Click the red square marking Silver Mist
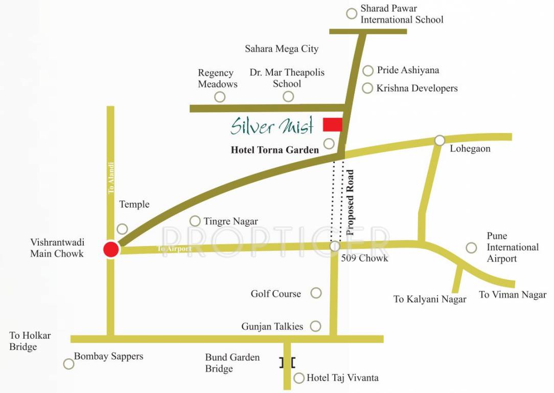(332, 124)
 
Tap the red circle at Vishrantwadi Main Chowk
(111, 249)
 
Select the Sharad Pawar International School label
(402, 14)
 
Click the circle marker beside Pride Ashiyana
(368, 71)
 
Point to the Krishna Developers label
(417, 88)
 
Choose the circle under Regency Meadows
(220, 96)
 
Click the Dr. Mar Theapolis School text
(287, 78)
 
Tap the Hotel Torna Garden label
(275, 150)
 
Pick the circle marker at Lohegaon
(440, 140)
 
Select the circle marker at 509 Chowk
(335, 247)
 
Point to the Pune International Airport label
(512, 247)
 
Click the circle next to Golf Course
(316, 293)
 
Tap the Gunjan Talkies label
(272, 326)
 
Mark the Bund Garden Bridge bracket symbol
(287, 362)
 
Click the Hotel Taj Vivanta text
(342, 378)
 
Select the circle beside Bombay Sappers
(68, 364)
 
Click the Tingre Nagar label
(230, 221)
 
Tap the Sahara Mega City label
(282, 49)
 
